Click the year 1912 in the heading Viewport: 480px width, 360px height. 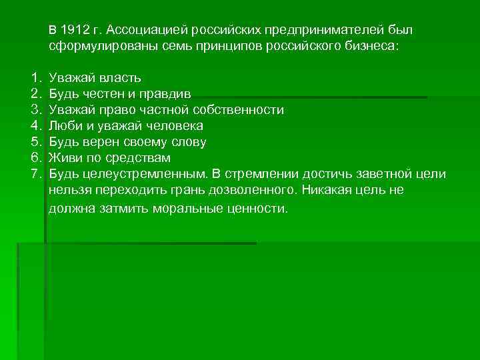[x=73, y=31]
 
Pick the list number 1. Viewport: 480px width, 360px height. [x=35, y=78]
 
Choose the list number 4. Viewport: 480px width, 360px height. [x=35, y=126]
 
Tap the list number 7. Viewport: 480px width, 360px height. [x=35, y=174]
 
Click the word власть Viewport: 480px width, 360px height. [x=119, y=78]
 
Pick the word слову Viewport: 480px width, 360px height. [x=187, y=142]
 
